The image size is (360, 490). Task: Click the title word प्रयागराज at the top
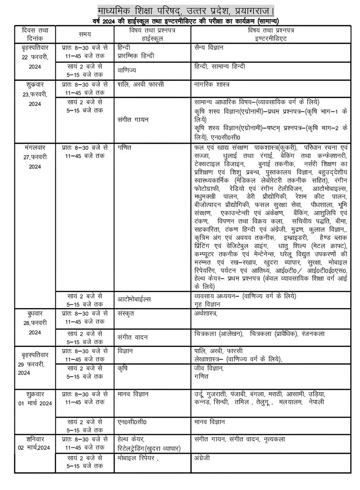249,10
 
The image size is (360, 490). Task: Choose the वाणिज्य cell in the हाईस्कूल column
129,71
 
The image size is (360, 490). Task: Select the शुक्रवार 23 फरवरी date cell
34,94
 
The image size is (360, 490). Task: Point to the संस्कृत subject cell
127,313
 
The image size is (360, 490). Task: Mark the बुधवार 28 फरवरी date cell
34,323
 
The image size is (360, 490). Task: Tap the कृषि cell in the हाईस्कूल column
125,369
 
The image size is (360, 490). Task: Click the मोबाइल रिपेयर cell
138,457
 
